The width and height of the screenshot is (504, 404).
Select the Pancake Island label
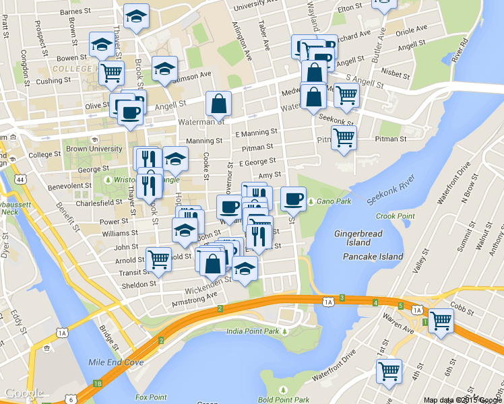point(373,257)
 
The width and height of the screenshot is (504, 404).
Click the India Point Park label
point(253,331)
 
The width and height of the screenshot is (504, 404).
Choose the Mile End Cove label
point(116,362)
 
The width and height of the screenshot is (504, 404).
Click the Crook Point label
point(395,216)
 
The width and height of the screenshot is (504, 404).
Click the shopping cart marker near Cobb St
point(441,321)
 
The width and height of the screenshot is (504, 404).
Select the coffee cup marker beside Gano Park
point(293,198)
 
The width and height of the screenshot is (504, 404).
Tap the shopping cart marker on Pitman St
point(344,137)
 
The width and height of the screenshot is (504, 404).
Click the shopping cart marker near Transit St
point(159,259)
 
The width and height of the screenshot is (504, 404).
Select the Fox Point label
point(150,397)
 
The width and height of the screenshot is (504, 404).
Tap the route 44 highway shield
point(21,180)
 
